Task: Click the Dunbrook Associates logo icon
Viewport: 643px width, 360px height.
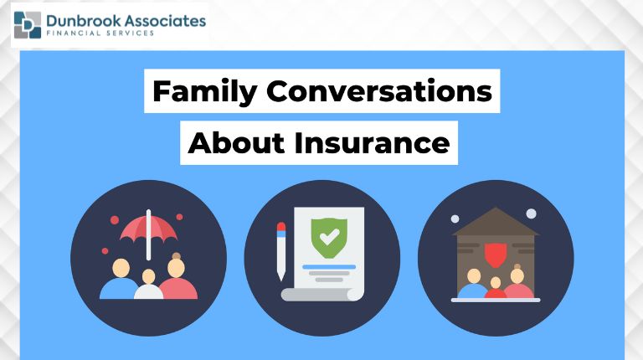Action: click(x=28, y=24)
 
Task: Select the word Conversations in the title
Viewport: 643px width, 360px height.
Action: click(x=378, y=90)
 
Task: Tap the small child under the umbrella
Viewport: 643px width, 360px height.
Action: click(x=148, y=284)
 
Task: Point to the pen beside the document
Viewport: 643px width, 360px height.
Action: click(x=281, y=249)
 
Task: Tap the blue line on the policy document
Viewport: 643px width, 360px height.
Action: click(x=329, y=266)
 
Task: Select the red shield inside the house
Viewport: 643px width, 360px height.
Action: click(x=495, y=251)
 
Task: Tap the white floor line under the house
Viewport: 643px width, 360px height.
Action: click(x=495, y=300)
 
